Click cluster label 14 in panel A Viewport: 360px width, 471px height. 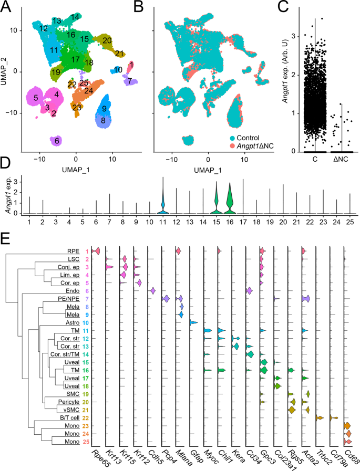tap(75, 17)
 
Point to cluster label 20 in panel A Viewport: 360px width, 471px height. tap(107, 40)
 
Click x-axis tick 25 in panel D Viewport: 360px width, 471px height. tap(348, 222)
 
